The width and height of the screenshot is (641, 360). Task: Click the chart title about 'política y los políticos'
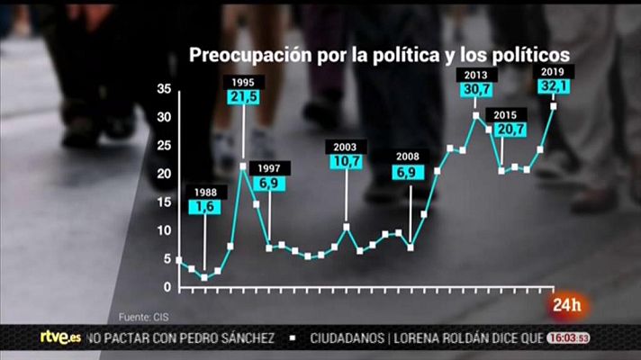[378, 55]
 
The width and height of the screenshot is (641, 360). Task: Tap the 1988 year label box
[204, 192]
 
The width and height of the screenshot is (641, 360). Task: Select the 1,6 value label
[204, 207]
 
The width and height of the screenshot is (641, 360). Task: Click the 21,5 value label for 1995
[242, 95]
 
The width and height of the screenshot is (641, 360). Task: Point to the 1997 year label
[269, 168]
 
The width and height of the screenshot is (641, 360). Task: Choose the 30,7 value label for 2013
[476, 90]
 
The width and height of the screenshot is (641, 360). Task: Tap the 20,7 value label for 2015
[505, 130]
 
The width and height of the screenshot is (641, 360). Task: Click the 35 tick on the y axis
[163, 88]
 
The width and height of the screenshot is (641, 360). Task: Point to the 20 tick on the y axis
[163, 174]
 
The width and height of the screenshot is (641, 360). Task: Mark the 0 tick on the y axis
[167, 287]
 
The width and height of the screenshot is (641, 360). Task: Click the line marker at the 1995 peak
[243, 166]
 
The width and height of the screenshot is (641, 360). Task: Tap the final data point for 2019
[553, 106]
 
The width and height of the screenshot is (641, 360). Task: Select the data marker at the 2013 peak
[475, 114]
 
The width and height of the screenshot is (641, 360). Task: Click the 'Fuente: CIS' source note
[144, 316]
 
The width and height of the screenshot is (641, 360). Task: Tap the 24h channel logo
[570, 303]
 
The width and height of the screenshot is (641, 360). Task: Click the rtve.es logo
[60, 337]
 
